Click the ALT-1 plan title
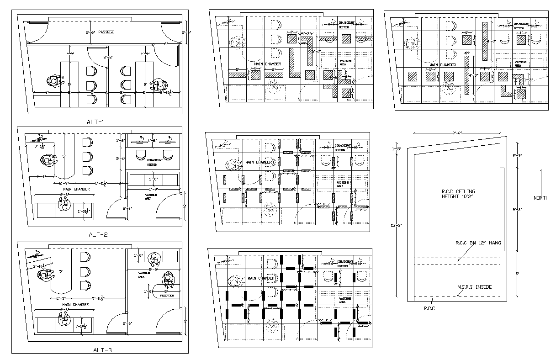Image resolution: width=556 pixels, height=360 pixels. point(95,122)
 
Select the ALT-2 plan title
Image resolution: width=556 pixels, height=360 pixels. point(97,234)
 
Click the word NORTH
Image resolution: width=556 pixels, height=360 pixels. point(541,198)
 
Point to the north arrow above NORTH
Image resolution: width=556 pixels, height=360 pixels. point(541,180)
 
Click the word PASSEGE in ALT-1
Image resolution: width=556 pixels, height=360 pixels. point(106,32)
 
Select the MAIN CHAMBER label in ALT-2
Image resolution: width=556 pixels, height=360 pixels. point(76,189)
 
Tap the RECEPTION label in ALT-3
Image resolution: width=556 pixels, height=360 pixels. point(167,296)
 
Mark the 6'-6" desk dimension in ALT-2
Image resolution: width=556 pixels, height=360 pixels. point(64,195)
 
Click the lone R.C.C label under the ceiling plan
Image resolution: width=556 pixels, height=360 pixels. point(429,308)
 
